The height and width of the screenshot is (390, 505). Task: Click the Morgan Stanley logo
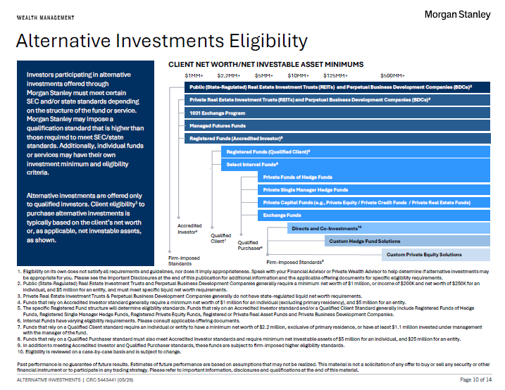tap(457, 15)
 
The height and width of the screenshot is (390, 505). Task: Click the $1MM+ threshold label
tap(194, 75)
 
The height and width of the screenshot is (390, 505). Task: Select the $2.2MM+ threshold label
tap(229, 75)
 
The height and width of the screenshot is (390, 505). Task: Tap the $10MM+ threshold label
tap(298, 75)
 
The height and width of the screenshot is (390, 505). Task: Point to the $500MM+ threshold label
tap(392, 75)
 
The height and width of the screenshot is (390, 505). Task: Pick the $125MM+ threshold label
tap(335, 75)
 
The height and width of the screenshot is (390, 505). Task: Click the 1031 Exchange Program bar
tap(337, 113)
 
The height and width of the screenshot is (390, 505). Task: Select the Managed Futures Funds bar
tap(337, 125)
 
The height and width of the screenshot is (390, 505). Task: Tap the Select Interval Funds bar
tap(356, 165)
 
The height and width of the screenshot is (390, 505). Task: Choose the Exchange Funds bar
tap(374, 215)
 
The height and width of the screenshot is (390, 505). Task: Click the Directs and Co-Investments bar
tap(389, 228)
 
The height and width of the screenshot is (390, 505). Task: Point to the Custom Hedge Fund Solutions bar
tap(407, 241)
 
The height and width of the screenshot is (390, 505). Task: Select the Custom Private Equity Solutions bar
tap(436, 255)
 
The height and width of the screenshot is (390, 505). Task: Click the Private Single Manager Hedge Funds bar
tap(374, 190)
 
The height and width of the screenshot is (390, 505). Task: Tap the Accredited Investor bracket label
tap(189, 229)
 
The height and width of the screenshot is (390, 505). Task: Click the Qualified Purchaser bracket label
tap(250, 245)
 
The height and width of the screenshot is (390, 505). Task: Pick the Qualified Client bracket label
tap(220, 238)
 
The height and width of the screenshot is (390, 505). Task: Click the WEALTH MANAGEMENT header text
tap(45, 18)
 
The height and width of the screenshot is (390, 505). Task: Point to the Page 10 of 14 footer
tap(475, 379)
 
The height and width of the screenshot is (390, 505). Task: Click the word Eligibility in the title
tap(268, 42)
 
